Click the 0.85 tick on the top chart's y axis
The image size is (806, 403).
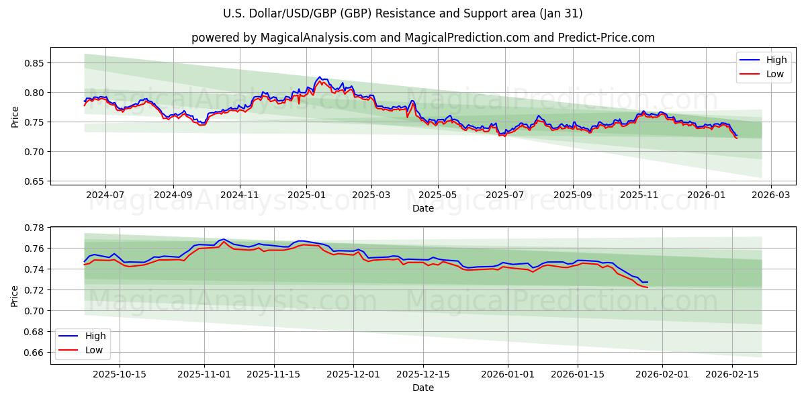tap(34, 63)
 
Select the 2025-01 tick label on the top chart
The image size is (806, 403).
tap(306, 195)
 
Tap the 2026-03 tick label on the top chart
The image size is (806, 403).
tap(771, 195)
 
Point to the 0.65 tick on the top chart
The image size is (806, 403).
tap(34, 181)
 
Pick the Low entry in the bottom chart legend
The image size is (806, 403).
tap(93, 349)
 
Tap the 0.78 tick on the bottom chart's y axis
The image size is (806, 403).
tap(34, 228)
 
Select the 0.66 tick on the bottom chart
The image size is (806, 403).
tap(34, 353)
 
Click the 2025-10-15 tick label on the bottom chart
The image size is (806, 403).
tap(119, 374)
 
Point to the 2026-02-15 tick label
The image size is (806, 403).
tap(732, 374)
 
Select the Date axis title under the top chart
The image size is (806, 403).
tap(422, 208)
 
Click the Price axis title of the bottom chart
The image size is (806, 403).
tap(15, 296)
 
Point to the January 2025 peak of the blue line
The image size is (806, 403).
tap(320, 77)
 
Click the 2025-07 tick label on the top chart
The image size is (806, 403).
tap(504, 195)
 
